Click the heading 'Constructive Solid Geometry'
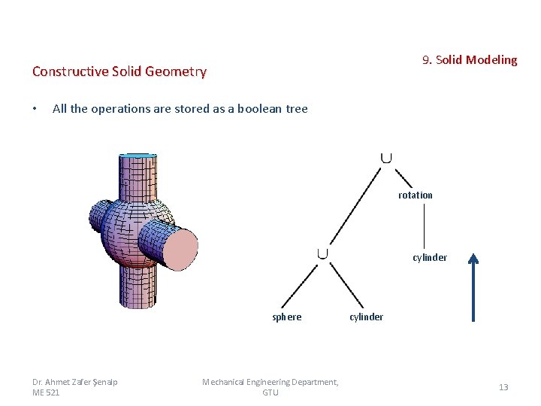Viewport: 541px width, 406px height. click(119, 71)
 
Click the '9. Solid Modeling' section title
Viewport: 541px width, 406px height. click(470, 59)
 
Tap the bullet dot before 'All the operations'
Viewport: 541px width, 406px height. click(35, 109)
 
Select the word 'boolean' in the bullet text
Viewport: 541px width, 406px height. click(259, 108)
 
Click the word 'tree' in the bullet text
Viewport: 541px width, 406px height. click(296, 108)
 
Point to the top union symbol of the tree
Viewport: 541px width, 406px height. click(385, 157)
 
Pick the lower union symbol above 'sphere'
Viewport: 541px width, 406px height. click(322, 253)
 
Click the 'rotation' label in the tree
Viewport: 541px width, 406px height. click(416, 195)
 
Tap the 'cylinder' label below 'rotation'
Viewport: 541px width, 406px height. click(430, 257)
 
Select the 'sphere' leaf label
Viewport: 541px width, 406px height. click(286, 317)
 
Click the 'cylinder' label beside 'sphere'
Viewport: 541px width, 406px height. click(367, 317)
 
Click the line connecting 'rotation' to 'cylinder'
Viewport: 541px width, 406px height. click(425, 226)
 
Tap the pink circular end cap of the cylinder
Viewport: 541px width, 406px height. click(179, 249)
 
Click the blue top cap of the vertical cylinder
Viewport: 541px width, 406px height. click(138, 156)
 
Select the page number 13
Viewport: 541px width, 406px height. click(503, 387)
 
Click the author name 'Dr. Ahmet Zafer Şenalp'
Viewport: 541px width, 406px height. click(75, 382)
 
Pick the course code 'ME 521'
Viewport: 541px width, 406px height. click(46, 392)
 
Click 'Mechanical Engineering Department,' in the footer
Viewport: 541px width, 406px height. click(270, 382)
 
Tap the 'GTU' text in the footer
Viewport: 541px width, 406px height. click(270, 392)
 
